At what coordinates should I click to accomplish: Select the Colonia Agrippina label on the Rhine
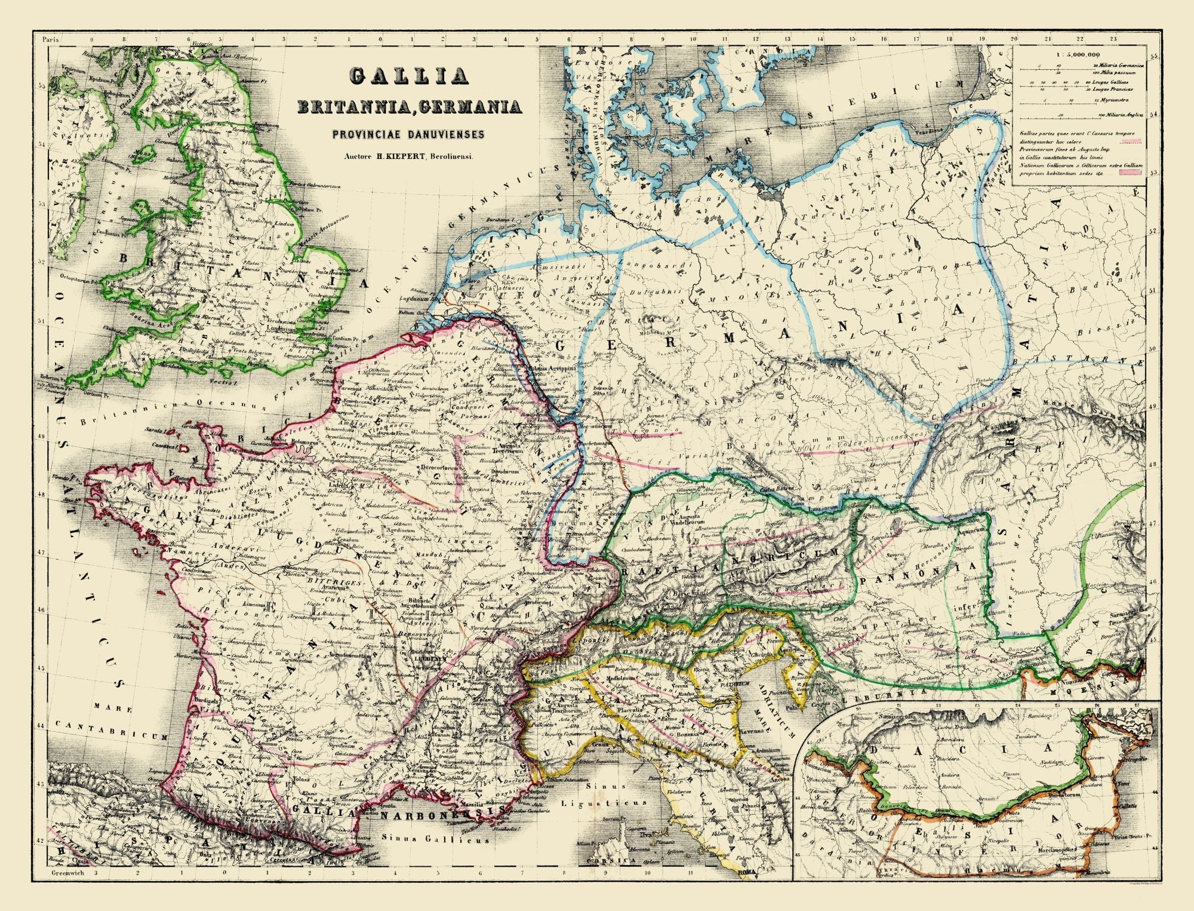point(556,369)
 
